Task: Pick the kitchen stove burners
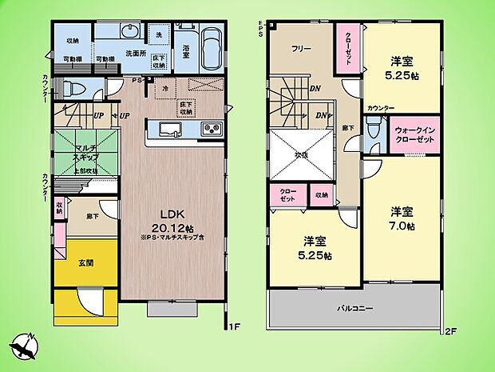211,130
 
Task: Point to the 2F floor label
452,329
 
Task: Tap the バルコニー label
354,307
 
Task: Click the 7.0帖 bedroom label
402,218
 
